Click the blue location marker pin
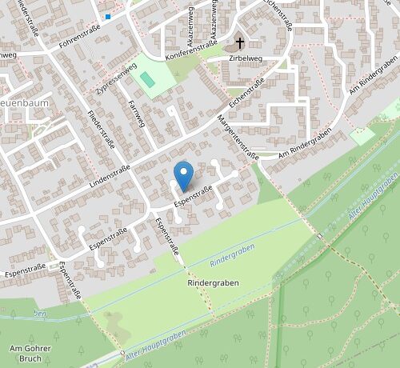(184, 174)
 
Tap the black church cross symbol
(238, 42)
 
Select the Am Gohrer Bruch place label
(30, 354)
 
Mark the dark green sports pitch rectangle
(147, 79)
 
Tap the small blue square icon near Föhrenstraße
(108, 15)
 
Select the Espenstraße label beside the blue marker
(194, 192)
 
